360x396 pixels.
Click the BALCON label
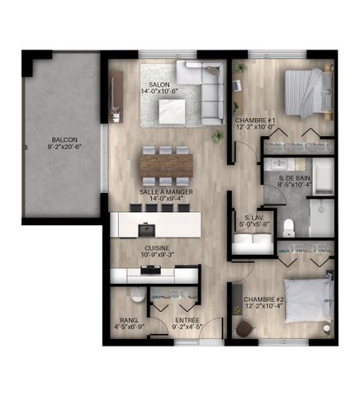[62, 140]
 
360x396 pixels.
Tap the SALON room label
[160, 85]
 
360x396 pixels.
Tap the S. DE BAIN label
[292, 180]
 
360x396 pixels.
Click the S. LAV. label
[248, 215]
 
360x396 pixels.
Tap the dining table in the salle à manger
[166, 163]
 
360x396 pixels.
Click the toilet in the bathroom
[287, 227]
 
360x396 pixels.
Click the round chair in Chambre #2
[245, 328]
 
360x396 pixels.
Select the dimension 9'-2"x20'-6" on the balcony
[62, 148]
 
